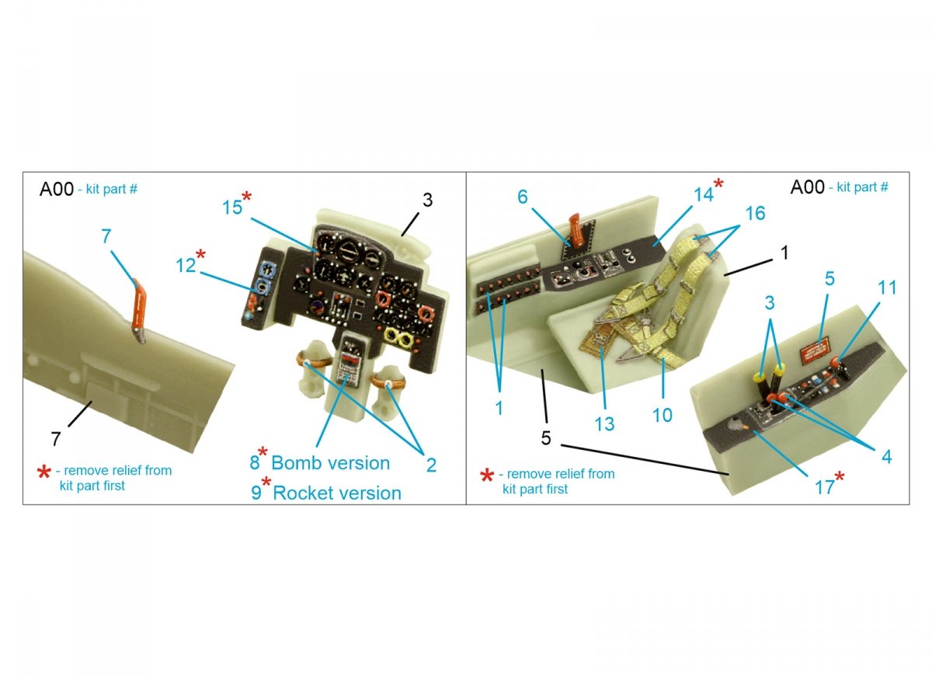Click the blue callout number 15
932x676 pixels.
tap(232, 207)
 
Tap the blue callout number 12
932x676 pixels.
tap(186, 265)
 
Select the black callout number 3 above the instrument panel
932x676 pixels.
tap(427, 200)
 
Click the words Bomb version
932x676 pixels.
tap(330, 463)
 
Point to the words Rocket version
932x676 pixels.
tap(337, 493)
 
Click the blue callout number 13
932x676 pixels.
tap(604, 424)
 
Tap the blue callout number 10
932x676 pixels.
tap(662, 415)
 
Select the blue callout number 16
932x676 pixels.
tap(755, 214)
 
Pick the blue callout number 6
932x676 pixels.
tap(522, 197)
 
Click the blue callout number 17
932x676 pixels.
tap(824, 487)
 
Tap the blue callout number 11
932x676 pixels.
tap(887, 287)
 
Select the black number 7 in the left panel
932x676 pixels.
tap(56, 439)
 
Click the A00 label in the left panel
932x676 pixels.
tap(57, 189)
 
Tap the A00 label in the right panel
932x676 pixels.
tap(807, 187)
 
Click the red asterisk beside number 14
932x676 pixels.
tap(718, 183)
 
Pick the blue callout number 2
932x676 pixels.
tap(431, 465)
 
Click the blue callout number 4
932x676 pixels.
tap(887, 457)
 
